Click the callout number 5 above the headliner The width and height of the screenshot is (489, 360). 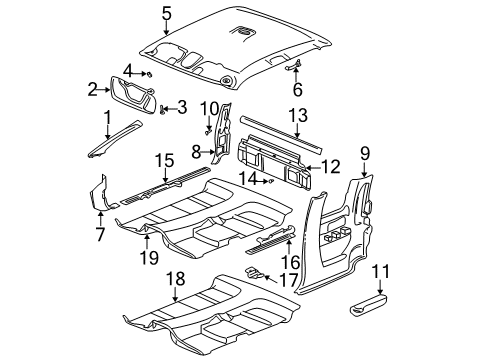tap(167, 13)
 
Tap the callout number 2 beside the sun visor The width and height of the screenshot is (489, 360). tap(92, 90)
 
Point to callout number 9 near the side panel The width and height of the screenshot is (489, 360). tap(364, 152)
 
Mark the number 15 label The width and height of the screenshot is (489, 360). tap(163, 160)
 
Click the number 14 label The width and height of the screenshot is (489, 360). tap(243, 180)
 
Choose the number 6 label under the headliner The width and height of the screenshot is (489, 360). tap(296, 88)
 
